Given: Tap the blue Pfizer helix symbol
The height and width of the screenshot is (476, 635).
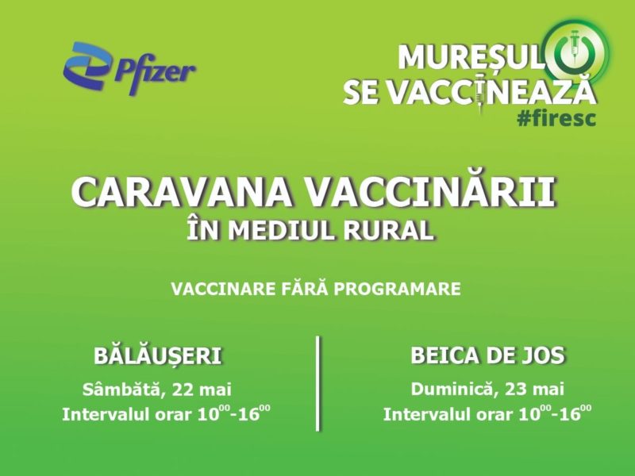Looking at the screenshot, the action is (x=87, y=66).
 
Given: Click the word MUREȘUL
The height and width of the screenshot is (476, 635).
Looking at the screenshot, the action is (x=470, y=58).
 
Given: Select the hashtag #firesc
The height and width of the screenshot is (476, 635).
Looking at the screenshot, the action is (x=556, y=118).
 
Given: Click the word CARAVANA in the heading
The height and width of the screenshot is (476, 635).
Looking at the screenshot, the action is (x=182, y=192).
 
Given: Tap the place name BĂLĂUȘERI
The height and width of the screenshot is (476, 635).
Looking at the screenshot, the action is (x=158, y=355).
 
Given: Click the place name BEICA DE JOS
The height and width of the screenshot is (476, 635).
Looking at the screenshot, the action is (x=487, y=355).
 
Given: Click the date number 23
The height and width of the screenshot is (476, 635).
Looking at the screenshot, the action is (x=517, y=390).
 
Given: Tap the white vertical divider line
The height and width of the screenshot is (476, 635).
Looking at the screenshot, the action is (x=317, y=383).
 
